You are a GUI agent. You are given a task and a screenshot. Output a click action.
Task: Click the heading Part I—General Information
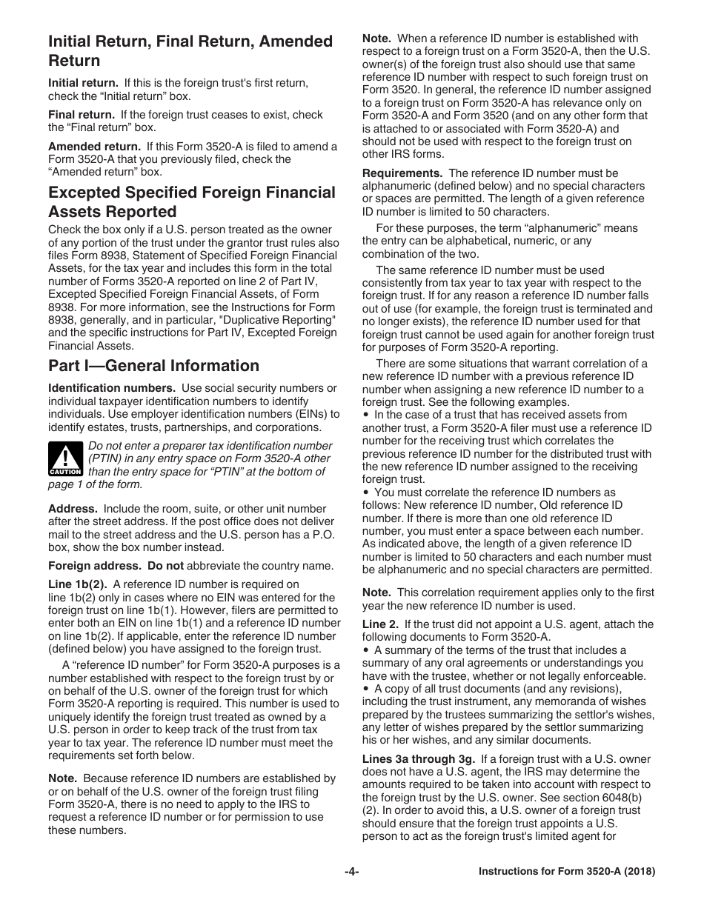[x=153, y=366]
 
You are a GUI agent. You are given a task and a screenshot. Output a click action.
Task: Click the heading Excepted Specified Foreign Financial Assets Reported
[x=191, y=202]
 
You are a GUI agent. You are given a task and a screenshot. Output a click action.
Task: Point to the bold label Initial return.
[x=83, y=83]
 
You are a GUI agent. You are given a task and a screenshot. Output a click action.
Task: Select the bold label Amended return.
[x=94, y=147]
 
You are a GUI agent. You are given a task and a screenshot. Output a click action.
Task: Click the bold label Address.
[x=73, y=509]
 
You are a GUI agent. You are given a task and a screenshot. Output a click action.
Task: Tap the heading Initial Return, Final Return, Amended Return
[x=190, y=50]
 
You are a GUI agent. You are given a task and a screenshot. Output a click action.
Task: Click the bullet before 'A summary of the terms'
[x=366, y=651]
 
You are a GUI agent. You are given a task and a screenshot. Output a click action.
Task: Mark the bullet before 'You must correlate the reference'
[x=366, y=493]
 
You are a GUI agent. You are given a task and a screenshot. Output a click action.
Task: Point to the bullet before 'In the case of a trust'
[x=366, y=416]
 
